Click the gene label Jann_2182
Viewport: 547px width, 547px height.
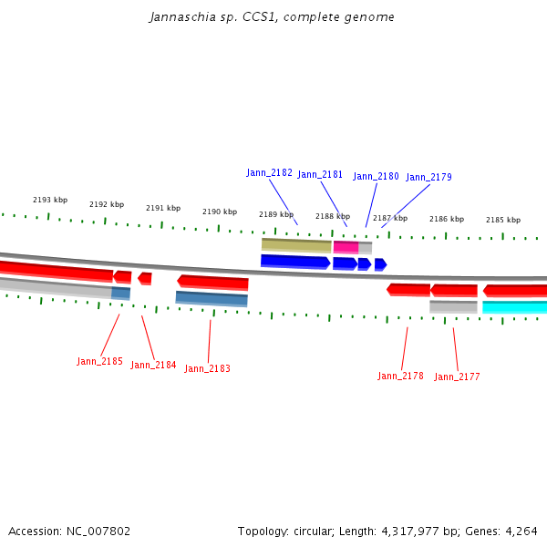pyautogui.click(x=269, y=172)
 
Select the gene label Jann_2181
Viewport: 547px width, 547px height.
pyautogui.click(x=320, y=174)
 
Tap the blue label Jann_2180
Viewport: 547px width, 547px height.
pyautogui.click(x=376, y=176)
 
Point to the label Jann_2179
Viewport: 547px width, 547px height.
pyautogui.click(x=428, y=177)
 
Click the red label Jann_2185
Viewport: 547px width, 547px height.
pyautogui.click(x=99, y=361)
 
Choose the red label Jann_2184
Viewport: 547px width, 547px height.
pyautogui.click(x=153, y=365)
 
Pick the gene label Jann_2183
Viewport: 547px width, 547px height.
pyautogui.click(x=207, y=368)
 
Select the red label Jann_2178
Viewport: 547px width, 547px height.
pyautogui.click(x=400, y=376)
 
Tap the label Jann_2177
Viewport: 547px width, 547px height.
pyautogui.click(x=457, y=377)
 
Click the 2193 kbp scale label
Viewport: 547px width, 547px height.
pyautogui.click(x=50, y=200)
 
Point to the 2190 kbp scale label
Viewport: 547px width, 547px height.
pyautogui.click(x=220, y=212)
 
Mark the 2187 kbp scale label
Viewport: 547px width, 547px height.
pyautogui.click(x=390, y=218)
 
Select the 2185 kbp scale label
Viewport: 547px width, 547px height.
pyautogui.click(x=503, y=220)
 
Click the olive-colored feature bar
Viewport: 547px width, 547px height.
pyautogui.click(x=296, y=245)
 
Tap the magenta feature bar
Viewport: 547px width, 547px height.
pyautogui.click(x=346, y=247)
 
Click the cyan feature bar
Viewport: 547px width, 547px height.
pyautogui.click(x=514, y=307)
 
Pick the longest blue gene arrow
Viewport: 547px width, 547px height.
pyautogui.click(x=294, y=262)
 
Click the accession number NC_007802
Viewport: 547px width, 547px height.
pyautogui.click(x=101, y=531)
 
